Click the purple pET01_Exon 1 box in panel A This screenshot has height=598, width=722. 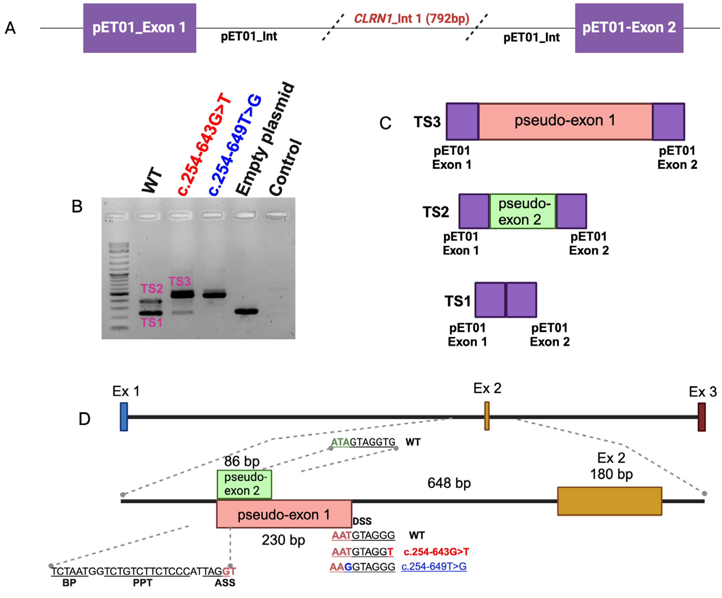point(139,28)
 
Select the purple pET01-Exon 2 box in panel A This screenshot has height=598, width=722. point(629,28)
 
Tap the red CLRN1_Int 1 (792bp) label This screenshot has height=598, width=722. point(412,18)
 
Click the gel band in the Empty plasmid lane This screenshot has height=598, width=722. point(246,311)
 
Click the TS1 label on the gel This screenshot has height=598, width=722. point(151,322)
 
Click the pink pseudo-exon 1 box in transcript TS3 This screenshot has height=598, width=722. point(565,121)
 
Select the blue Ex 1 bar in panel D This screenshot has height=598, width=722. point(124,417)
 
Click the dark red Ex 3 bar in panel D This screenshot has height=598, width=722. point(701,417)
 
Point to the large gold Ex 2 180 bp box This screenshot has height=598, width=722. point(609,501)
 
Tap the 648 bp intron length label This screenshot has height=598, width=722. point(449,483)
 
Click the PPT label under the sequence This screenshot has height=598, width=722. point(142,583)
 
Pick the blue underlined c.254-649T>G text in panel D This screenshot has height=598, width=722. point(434,566)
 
